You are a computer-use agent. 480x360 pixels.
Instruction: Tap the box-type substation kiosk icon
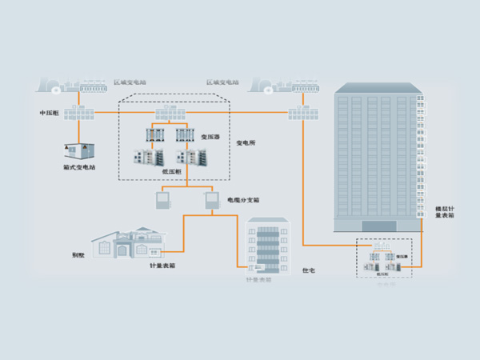click(x=78, y=150)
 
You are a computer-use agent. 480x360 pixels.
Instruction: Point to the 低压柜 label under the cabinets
click(x=171, y=170)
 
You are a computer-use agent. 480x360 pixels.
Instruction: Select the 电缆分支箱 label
click(x=242, y=200)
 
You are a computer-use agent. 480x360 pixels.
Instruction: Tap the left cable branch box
click(x=162, y=199)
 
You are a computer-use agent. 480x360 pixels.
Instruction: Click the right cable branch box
click(x=211, y=199)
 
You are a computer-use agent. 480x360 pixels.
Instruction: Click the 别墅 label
click(x=78, y=256)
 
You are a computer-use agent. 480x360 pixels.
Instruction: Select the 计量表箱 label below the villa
click(x=162, y=265)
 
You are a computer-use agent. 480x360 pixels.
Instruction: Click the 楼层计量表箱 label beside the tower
click(x=445, y=211)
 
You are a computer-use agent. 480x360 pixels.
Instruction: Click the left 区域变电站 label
click(x=130, y=82)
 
